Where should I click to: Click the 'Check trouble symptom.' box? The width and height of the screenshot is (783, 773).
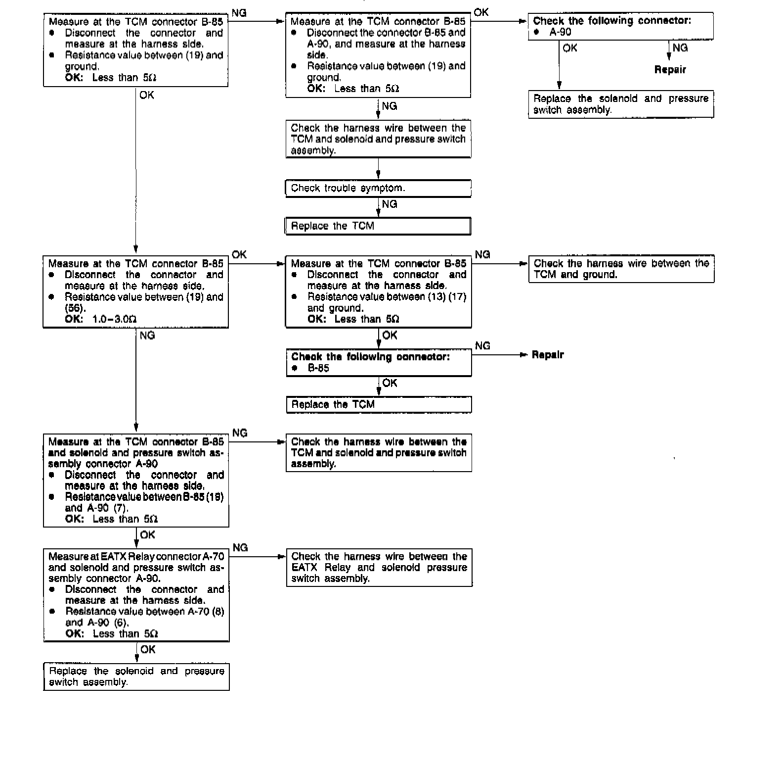click(x=378, y=188)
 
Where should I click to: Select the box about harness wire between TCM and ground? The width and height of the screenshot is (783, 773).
click(x=621, y=269)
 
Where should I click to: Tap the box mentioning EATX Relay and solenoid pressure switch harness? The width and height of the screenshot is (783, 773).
click(x=379, y=567)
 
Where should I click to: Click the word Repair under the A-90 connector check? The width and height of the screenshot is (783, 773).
click(x=670, y=70)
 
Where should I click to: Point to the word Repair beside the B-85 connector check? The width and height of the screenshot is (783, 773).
click(x=548, y=355)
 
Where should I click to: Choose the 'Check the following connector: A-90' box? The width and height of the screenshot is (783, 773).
click(x=620, y=26)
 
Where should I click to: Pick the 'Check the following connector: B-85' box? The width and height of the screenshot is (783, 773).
click(x=378, y=362)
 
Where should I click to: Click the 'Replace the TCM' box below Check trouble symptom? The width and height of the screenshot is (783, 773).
click(x=378, y=226)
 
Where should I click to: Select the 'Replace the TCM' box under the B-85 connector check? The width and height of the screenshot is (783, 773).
click(x=378, y=404)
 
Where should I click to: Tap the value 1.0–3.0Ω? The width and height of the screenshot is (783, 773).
click(x=114, y=319)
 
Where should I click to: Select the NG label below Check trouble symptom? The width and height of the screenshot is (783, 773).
click(x=390, y=204)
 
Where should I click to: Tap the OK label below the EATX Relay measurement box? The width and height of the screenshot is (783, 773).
click(x=147, y=649)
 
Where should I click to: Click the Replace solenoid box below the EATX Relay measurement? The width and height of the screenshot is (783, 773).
click(x=136, y=676)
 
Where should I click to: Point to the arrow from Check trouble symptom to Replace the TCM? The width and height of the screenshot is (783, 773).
click(x=378, y=208)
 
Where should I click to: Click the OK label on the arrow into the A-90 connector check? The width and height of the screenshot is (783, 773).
click(x=481, y=12)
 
